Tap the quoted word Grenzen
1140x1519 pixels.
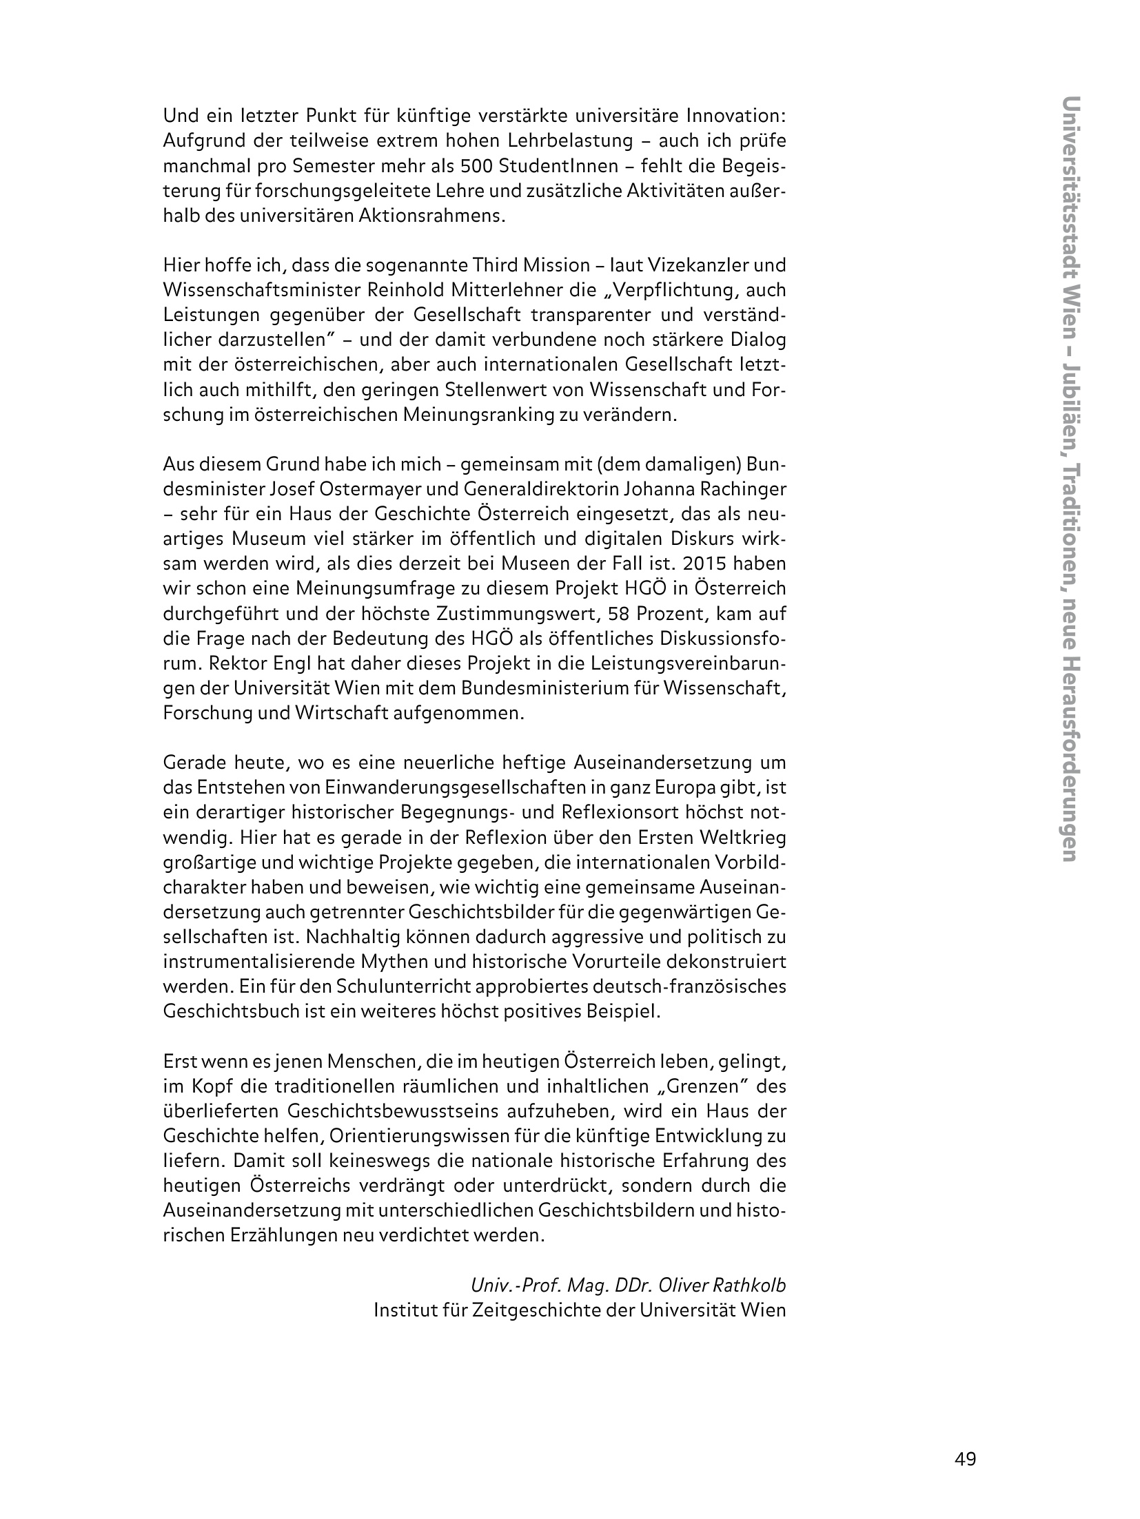coord(706,1086)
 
